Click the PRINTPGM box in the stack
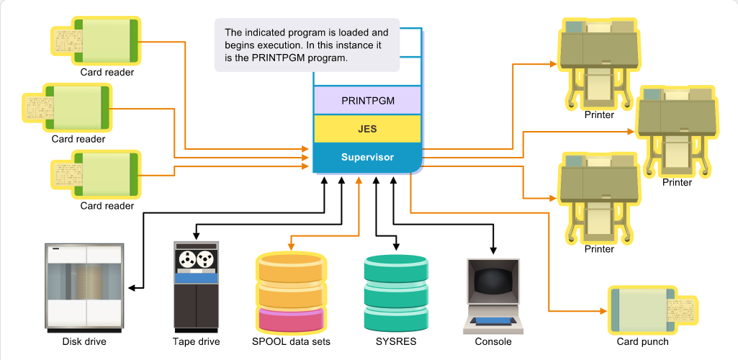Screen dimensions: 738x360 coord(367,100)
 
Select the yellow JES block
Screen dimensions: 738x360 coord(367,128)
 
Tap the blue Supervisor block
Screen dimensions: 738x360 coord(367,157)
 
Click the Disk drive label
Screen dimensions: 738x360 coord(84,342)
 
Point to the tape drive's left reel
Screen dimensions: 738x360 coord(187,258)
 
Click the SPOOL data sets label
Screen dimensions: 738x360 coord(291,342)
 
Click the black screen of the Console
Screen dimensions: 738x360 coord(492,282)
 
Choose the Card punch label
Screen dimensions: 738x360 coord(642,342)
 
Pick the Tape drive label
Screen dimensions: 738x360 coord(196,342)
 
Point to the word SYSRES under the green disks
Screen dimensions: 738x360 coord(396,342)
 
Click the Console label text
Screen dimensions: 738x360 coord(492,342)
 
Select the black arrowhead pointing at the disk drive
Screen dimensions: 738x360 coord(132,287)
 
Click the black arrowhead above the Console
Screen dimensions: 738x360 coord(493,249)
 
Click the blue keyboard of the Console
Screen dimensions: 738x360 coord(492,321)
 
